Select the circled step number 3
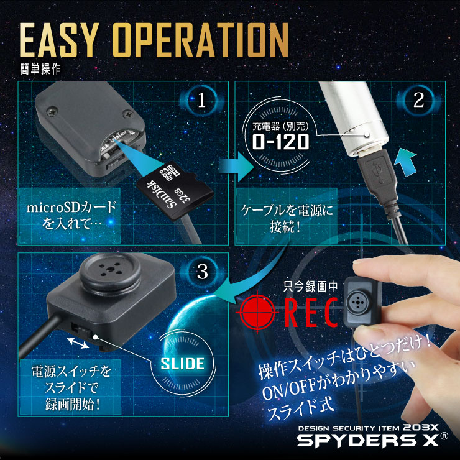(x=200, y=272)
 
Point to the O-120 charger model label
(x=280, y=142)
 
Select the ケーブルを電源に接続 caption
(x=287, y=219)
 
